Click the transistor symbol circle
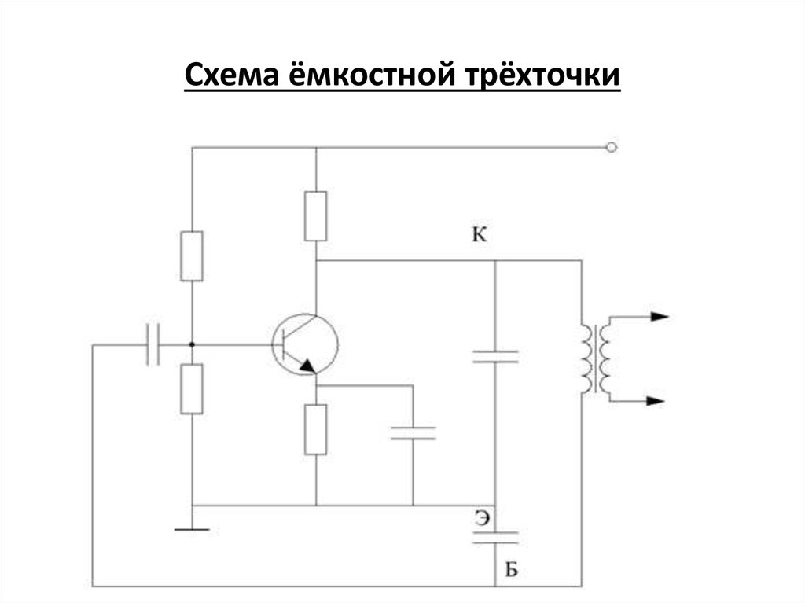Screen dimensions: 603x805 [x=305, y=345]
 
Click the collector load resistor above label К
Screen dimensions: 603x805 [x=315, y=215]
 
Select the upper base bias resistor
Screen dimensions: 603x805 [x=192, y=256]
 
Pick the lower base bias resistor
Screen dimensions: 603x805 [x=192, y=389]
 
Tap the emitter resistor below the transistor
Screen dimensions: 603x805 [x=315, y=428]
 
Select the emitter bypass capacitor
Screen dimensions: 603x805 [x=413, y=432]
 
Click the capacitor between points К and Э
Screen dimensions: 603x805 [x=495, y=356]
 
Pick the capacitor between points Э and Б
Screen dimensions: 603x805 [x=495, y=537]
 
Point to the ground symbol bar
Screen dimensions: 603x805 [x=192, y=529]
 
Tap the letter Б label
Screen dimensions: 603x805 [x=511, y=570]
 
